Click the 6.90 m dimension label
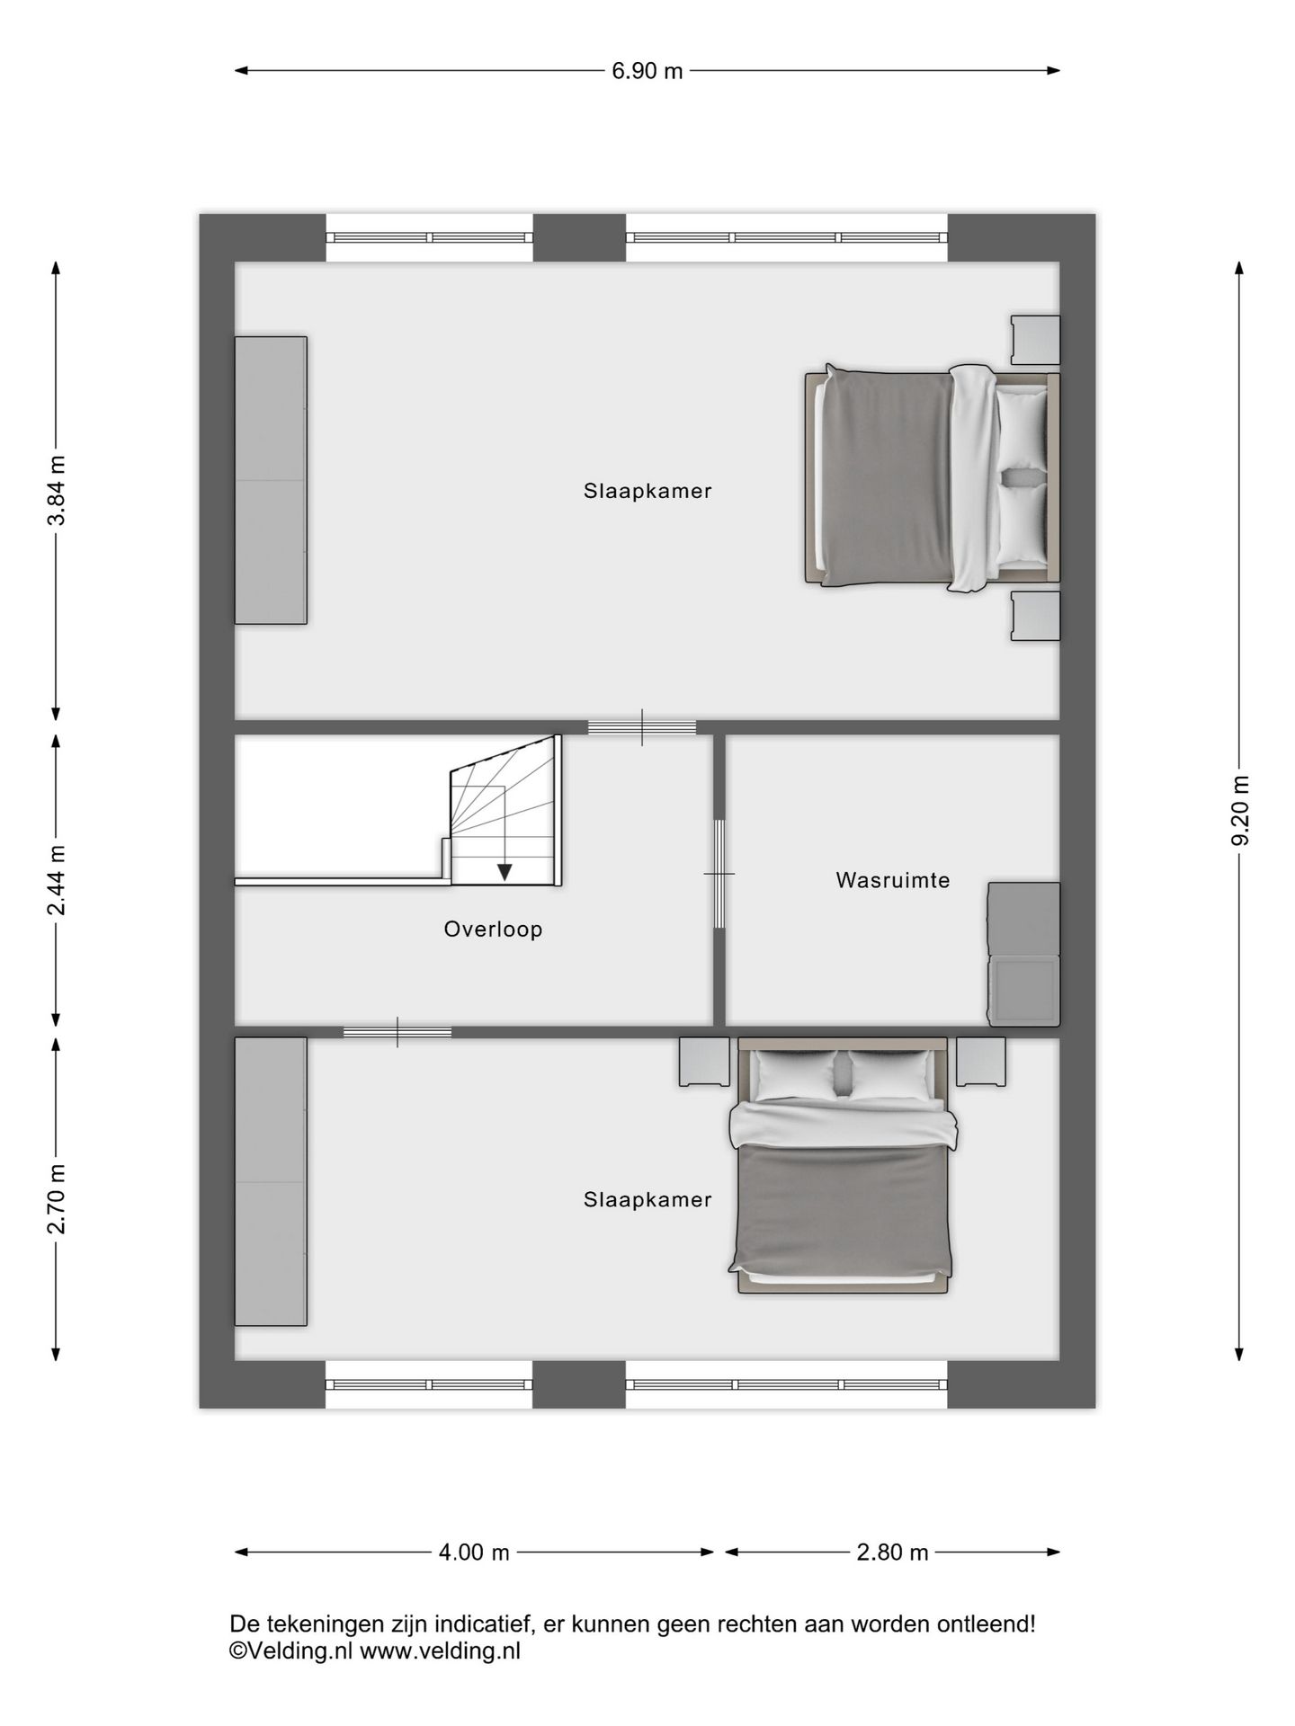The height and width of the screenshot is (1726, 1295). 647,71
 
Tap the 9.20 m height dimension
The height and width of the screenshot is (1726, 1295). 1240,810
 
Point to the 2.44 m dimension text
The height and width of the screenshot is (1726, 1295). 57,880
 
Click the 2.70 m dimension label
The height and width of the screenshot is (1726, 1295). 57,1198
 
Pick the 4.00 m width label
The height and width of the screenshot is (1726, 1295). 474,1553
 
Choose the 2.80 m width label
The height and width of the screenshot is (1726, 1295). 892,1553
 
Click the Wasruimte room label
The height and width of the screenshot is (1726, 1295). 892,880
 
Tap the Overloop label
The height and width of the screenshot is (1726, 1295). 493,929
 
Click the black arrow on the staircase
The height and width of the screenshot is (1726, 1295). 505,871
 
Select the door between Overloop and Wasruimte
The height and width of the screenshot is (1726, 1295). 719,874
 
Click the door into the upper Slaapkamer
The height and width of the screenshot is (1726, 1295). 642,727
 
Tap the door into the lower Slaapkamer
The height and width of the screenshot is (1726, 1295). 397,1032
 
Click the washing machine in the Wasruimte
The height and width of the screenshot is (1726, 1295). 1024,991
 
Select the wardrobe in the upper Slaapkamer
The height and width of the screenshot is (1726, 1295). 271,480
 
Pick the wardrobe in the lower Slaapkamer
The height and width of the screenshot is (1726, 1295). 271,1181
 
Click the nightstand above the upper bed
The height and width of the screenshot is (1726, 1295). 1035,340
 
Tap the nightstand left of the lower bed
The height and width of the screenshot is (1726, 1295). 704,1062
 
